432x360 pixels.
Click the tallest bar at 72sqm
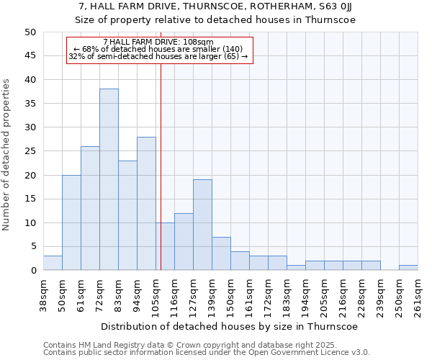point(109,179)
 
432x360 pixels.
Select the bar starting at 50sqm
point(71,222)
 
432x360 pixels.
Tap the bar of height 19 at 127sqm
point(202,225)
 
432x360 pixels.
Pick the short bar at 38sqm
point(53,263)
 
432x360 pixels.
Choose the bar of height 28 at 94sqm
point(146,204)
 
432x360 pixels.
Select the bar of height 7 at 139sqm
point(221,253)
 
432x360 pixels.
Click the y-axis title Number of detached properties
point(7,155)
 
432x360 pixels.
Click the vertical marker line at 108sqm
point(161,166)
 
